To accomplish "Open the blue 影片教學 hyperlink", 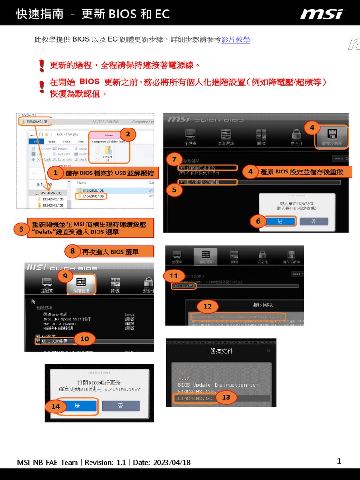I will (235, 40).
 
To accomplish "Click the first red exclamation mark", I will (42, 65).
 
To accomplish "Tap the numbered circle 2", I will (127, 135).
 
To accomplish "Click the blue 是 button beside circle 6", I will (280, 221).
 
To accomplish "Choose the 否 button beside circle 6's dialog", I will (314, 221).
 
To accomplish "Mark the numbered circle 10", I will (84, 338).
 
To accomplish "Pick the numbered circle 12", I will (207, 307).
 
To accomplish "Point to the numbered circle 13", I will (226, 397).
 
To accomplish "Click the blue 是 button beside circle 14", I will (77, 406).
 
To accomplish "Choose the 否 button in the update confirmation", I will (120, 406).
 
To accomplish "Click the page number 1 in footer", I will (339, 461).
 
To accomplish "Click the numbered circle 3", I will (21, 229).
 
